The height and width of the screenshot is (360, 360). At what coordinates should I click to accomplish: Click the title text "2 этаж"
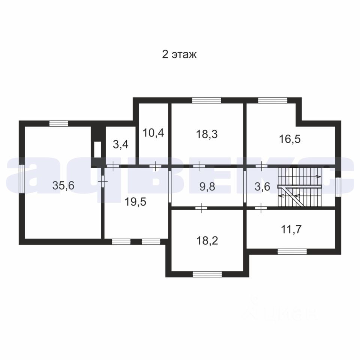click(179, 55)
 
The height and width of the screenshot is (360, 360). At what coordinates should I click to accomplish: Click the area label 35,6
click(63, 185)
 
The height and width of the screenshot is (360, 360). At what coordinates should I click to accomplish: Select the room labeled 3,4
click(120, 145)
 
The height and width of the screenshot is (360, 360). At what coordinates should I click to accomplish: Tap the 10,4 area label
click(153, 133)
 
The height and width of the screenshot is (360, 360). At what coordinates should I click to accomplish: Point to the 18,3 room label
click(207, 134)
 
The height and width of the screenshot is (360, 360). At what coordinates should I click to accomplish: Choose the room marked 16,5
click(290, 139)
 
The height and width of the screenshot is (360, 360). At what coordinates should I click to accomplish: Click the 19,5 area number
click(135, 202)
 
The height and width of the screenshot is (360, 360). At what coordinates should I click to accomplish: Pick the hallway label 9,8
click(207, 186)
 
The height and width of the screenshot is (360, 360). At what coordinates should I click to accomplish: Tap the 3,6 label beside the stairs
click(262, 186)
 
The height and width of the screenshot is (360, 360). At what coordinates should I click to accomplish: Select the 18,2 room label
click(207, 241)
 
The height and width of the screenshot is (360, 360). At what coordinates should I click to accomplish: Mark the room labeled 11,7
click(291, 229)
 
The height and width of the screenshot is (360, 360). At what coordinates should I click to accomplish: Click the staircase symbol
click(300, 187)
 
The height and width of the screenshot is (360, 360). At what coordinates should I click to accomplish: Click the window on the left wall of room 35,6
click(22, 178)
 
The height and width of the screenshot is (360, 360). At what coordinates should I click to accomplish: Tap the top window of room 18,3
click(206, 100)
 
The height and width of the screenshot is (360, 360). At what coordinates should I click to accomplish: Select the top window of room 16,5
click(273, 100)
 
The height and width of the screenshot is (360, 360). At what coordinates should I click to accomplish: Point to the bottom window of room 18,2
click(207, 274)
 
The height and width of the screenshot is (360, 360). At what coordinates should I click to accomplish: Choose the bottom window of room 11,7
click(292, 251)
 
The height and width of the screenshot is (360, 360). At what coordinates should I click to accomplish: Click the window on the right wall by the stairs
click(338, 187)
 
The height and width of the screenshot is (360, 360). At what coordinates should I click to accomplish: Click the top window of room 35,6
click(59, 123)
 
